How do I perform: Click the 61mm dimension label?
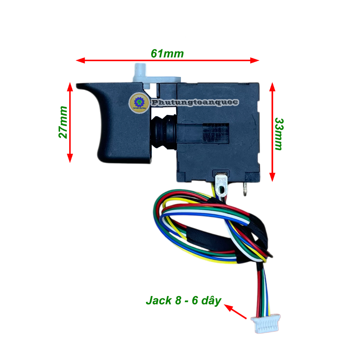(x=167, y=53)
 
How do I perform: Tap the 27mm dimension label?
(x=63, y=122)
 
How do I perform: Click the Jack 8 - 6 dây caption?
(x=183, y=301)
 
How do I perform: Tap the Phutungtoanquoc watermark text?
(x=194, y=103)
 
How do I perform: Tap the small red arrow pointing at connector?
(x=236, y=312)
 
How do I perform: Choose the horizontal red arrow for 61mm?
(x=167, y=60)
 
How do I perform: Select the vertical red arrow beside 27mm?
(x=70, y=122)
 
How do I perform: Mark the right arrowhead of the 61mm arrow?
(x=255, y=60)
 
